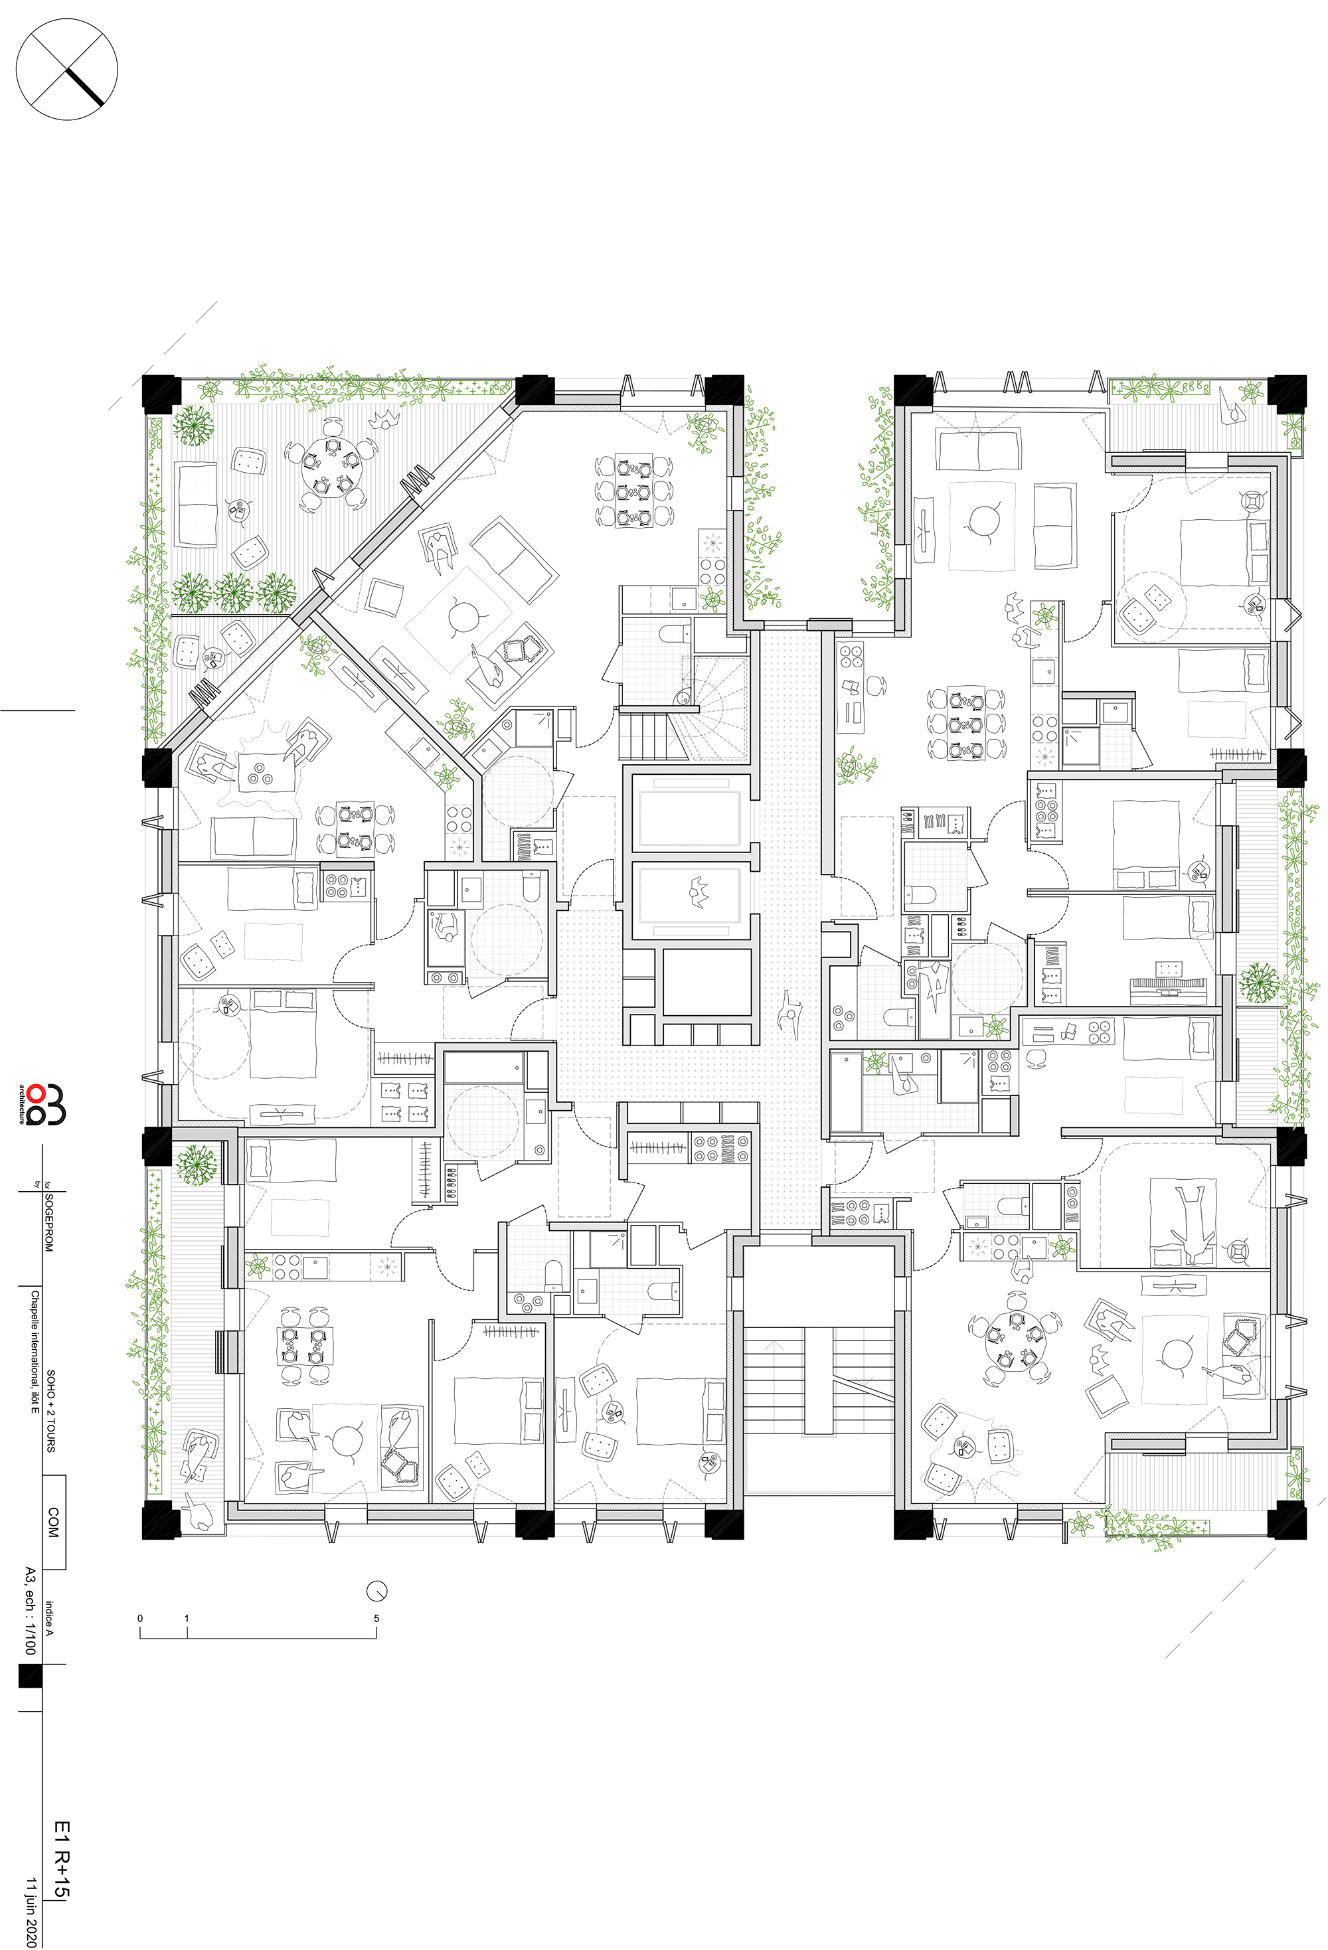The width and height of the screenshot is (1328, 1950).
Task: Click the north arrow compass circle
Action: [x=67, y=70]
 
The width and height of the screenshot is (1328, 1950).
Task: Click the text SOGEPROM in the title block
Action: [x=48, y=1224]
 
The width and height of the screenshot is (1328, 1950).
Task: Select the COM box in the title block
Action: [x=54, y=1521]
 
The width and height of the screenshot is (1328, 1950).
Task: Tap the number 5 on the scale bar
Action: [x=376, y=1619]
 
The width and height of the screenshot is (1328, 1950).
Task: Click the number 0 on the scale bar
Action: [x=140, y=1619]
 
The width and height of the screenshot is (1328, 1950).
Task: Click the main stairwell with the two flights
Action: [x=819, y=1380]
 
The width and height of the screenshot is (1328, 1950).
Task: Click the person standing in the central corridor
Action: [x=790, y=1011]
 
